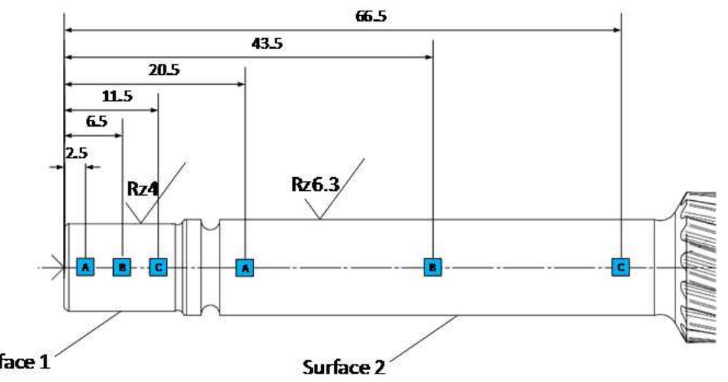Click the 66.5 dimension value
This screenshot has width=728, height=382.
point(370,16)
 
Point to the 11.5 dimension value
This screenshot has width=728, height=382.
point(118,96)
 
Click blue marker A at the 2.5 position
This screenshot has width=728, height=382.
point(85,267)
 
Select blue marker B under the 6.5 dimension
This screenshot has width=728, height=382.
point(122,267)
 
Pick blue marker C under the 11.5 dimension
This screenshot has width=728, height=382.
point(158,267)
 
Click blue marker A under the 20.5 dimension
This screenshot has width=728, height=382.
point(245,267)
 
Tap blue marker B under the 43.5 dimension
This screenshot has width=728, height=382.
point(432,267)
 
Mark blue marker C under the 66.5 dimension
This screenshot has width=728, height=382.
point(621,267)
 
